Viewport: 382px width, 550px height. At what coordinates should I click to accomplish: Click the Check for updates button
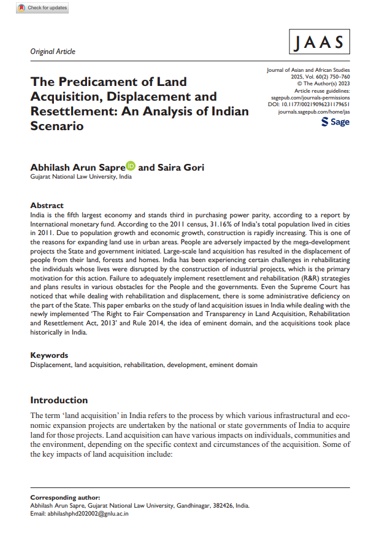coord(42,8)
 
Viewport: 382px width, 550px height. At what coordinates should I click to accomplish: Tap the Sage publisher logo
coord(335,122)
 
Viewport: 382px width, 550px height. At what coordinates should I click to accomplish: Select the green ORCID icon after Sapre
coord(131,166)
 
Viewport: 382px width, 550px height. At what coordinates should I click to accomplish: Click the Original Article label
coord(53,52)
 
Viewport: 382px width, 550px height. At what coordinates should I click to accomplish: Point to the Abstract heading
coord(47,206)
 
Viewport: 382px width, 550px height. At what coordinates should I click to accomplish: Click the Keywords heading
coord(49,355)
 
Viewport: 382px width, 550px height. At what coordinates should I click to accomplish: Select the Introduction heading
coord(59,400)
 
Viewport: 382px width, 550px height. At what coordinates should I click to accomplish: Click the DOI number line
coord(309,105)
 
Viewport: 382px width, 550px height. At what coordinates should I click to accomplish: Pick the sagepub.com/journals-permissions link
coord(310,98)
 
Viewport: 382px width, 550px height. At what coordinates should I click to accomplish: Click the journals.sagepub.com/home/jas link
coord(314,112)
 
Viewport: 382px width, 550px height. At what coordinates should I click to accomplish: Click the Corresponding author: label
coord(65,497)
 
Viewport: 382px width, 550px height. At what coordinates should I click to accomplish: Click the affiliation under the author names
coord(81,177)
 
